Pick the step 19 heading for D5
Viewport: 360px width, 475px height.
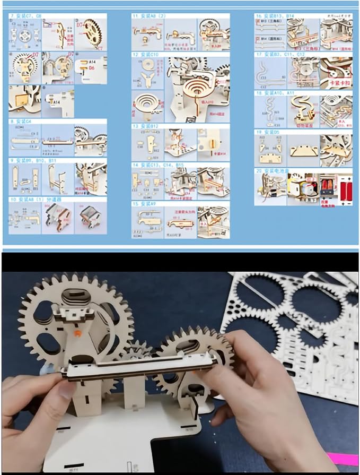coord(269,131)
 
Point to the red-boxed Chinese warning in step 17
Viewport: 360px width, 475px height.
coord(332,83)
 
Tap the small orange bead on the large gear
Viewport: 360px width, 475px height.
coord(77,332)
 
